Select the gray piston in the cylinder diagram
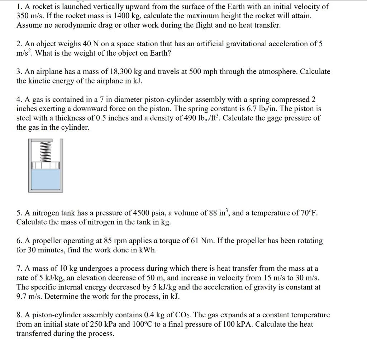click(x=45, y=166)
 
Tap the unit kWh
click(x=148, y=250)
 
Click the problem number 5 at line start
click(x=19, y=213)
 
